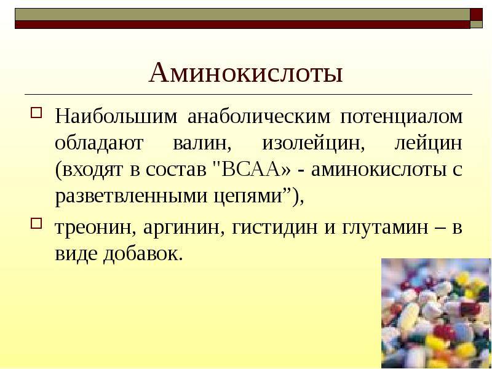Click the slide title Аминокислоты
[x=245, y=73]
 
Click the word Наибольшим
[x=116, y=116]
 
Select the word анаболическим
[x=259, y=116]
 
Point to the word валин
[x=200, y=144]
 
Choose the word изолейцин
[x=314, y=144]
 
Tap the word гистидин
[x=274, y=227]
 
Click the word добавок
[x=143, y=253]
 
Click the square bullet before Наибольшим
[x=36, y=113]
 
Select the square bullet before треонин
[x=36, y=223]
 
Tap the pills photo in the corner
[x=437, y=313]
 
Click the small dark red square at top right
[x=476, y=14]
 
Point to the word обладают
[x=99, y=143]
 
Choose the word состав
[x=176, y=170]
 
